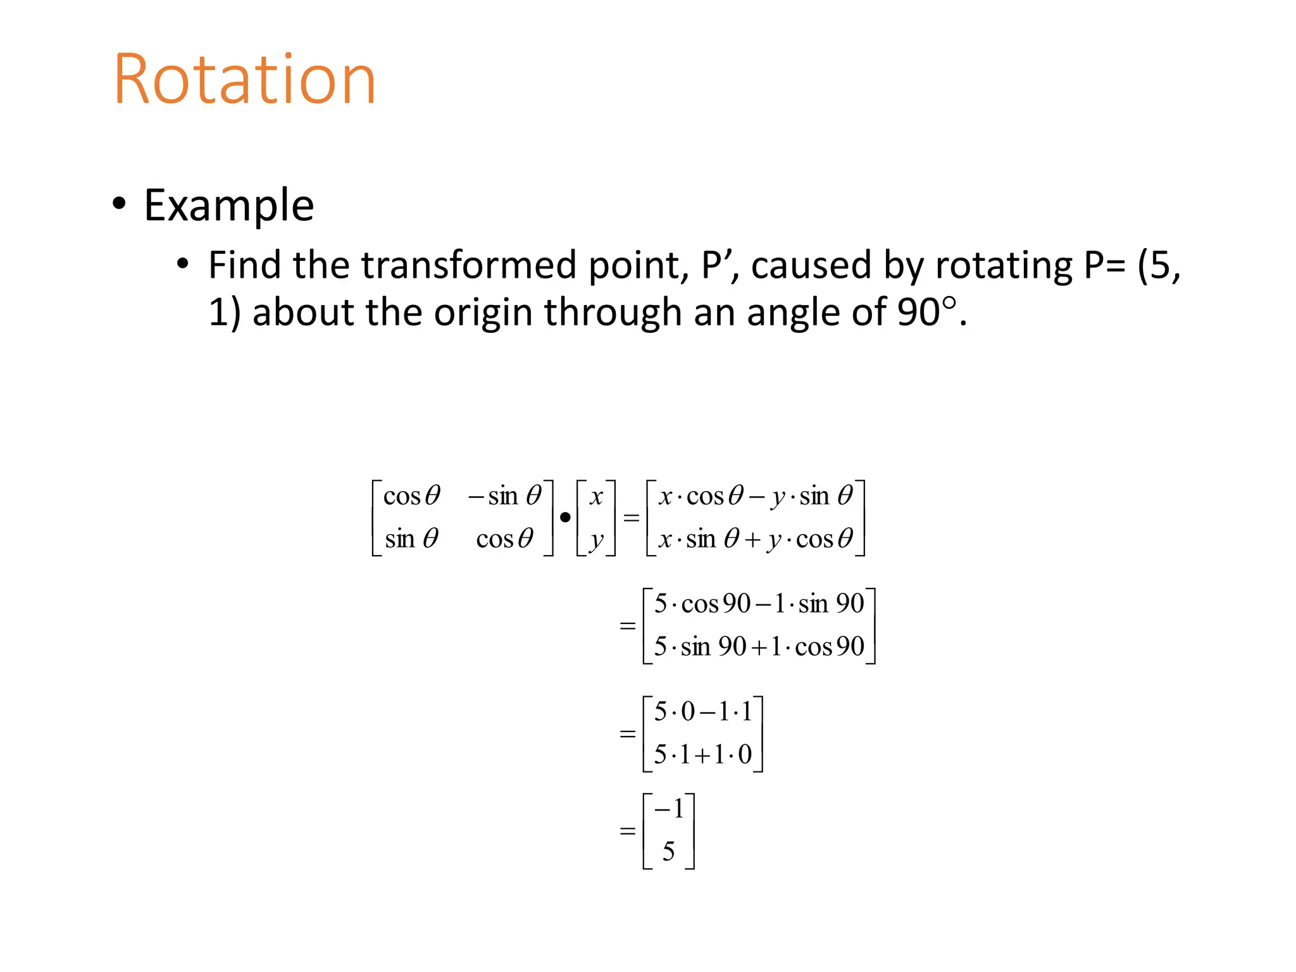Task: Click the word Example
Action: [228, 206]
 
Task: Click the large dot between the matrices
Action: [565, 518]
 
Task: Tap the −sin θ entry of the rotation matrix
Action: [504, 495]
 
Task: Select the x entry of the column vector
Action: [595, 496]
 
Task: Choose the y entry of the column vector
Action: [595, 540]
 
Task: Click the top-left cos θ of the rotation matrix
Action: [411, 495]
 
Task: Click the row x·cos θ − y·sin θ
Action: [755, 496]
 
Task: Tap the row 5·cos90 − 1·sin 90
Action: [758, 604]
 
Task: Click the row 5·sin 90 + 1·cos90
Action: [758, 647]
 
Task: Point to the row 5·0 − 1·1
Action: [702, 712]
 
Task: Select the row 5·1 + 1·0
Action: [702, 754]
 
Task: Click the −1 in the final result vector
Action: [669, 809]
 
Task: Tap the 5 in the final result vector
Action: [668, 852]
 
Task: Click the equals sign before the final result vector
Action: [627, 830]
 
